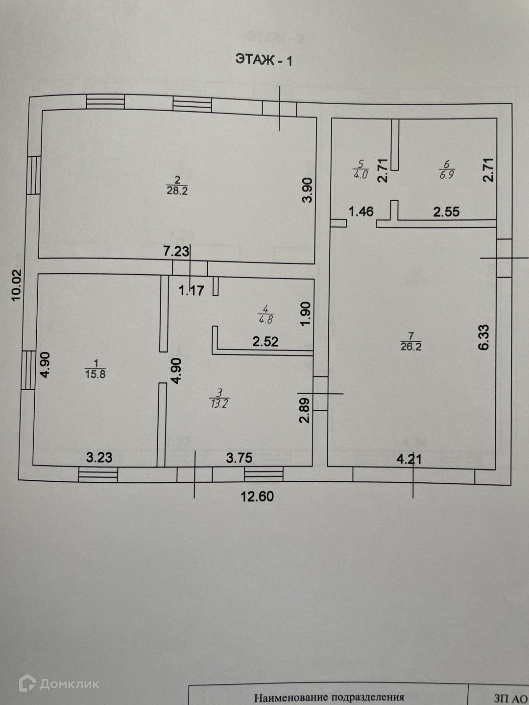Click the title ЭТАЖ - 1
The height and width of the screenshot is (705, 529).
[264, 60]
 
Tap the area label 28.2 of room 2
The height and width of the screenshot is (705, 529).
[177, 191]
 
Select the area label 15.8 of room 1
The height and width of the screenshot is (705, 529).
[96, 374]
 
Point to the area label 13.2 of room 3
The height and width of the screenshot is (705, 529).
[219, 404]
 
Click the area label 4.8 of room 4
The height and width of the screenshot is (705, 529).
[265, 320]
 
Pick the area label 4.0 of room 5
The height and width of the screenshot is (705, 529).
[361, 175]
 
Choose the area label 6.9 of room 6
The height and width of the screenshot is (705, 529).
[446, 175]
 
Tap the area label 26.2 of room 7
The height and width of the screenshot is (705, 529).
[411, 347]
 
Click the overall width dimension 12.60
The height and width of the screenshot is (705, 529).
[257, 496]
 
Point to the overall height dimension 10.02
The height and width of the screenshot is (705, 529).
[17, 285]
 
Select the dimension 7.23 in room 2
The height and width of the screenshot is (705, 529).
[176, 251]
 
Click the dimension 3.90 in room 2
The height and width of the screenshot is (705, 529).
[307, 190]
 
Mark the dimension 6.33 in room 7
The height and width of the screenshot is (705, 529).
[483, 337]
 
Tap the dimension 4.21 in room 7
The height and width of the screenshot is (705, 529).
[409, 459]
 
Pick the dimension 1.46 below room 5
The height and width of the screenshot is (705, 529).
[361, 211]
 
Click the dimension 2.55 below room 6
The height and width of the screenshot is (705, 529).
[446, 211]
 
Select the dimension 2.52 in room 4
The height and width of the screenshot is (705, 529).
[265, 341]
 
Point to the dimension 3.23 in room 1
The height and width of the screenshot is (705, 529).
[99, 457]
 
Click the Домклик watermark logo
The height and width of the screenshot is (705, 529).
[59, 683]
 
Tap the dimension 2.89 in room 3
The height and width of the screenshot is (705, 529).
[305, 410]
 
